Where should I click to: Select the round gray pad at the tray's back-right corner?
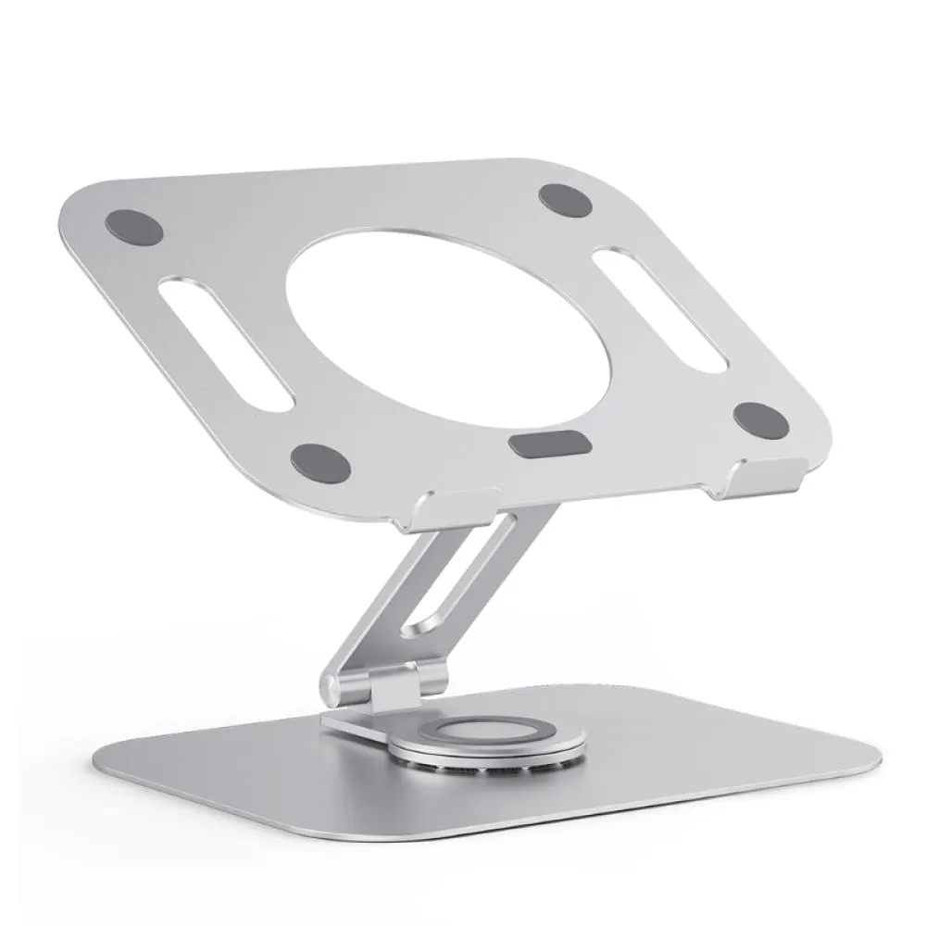564,199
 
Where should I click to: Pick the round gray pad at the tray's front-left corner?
320,462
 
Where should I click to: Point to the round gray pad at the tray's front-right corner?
761,420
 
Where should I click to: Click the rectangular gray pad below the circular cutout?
550,444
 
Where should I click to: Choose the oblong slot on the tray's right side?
658,308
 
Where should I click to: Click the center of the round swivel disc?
487,731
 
